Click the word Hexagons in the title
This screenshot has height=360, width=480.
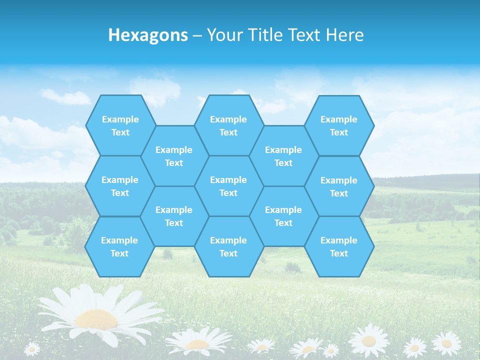[148, 35]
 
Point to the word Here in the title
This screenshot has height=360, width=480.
[344, 35]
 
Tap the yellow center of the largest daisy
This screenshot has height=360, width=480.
[96, 318]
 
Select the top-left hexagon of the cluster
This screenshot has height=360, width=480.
[120, 125]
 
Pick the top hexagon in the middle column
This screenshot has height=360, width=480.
[228, 125]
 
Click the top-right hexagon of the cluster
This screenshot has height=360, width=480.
[339, 125]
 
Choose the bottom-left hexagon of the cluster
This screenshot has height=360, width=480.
[119, 246]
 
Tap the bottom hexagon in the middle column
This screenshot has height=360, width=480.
[228, 246]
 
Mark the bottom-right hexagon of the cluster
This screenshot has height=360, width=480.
[339, 246]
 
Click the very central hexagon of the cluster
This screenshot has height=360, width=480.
[228, 186]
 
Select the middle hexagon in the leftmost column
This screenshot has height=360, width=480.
[120, 186]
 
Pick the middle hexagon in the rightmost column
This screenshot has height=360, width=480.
[339, 186]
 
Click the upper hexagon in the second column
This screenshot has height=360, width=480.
[174, 156]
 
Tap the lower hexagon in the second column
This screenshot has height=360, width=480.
[174, 216]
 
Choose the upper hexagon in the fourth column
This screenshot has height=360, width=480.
[283, 156]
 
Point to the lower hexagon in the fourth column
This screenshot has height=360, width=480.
[283, 216]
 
